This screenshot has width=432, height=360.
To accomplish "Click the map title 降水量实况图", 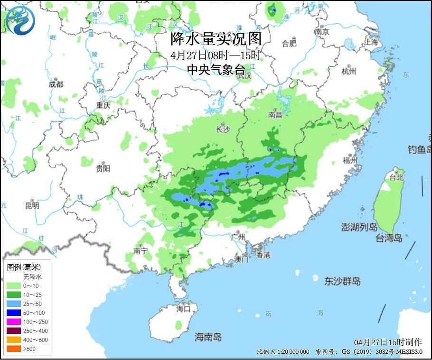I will pyautogui.click(x=216, y=38).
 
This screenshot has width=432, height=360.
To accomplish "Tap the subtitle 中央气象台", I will pyautogui.click(x=216, y=70).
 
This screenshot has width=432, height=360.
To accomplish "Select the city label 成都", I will pyautogui.click(x=56, y=84).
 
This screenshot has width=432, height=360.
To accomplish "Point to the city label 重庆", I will pyautogui.click(x=103, y=105).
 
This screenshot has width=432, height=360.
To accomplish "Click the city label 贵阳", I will pyautogui.click(x=103, y=168).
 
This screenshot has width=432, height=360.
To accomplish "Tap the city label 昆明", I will pyautogui.click(x=32, y=205).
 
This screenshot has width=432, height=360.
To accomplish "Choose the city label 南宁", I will pyautogui.click(x=141, y=251).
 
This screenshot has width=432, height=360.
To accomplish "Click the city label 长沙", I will pyautogui.click(x=223, y=129).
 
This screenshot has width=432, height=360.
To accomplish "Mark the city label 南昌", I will pyautogui.click(x=275, y=115).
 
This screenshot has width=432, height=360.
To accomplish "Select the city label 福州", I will pyautogui.click(x=350, y=160).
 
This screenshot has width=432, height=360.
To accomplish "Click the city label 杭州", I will pyautogui.click(x=348, y=71).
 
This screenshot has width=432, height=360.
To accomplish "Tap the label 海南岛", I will pyautogui.click(x=208, y=337).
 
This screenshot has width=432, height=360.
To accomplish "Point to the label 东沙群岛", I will pyautogui.click(x=342, y=281).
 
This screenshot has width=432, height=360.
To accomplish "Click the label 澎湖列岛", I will pyautogui.click(x=359, y=227).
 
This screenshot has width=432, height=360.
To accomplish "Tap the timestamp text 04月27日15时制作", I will pyautogui.click(x=387, y=342).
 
